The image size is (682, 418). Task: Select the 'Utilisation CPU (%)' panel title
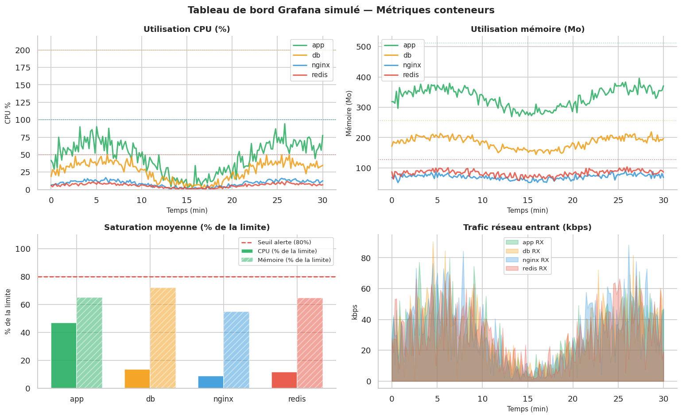(186, 29)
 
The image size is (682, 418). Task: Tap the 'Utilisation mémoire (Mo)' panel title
(527, 29)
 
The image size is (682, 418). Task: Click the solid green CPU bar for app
(64, 355)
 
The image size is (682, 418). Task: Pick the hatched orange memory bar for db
(163, 338)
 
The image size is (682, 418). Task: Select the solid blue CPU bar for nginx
(211, 382)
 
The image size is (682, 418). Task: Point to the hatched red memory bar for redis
(310, 343)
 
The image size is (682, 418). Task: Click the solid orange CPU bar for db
(137, 379)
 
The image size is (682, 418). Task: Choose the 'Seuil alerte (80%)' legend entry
(284, 242)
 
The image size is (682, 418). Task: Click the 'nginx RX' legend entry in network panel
(535, 260)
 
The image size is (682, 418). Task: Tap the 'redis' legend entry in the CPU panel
(319, 75)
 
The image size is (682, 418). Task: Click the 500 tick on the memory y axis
(363, 47)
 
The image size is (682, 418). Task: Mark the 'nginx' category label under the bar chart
(223, 399)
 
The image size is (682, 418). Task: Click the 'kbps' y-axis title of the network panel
(355, 312)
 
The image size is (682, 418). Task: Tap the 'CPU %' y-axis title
(8, 113)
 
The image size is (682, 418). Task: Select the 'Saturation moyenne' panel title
(186, 227)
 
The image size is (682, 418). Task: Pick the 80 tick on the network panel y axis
(365, 258)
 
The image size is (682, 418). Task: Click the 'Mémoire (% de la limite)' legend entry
(294, 260)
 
